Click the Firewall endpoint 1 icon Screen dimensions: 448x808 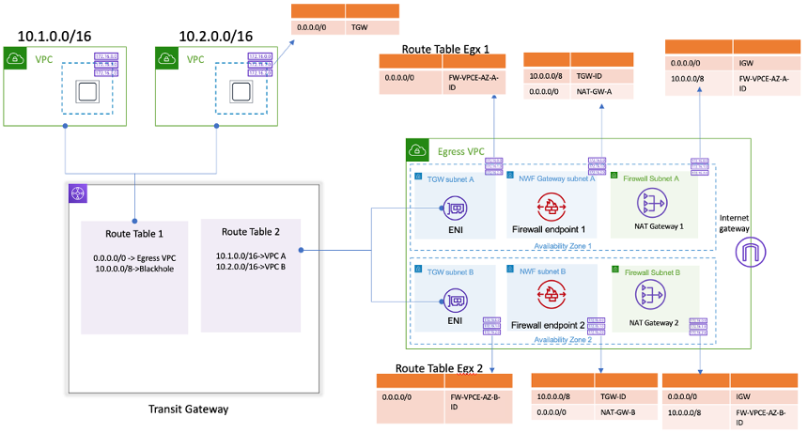[548, 206]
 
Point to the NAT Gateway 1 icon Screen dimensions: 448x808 [653, 203]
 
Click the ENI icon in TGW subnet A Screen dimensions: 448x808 [454, 208]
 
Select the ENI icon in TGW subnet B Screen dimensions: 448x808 [454, 301]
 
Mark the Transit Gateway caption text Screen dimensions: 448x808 [188, 409]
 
